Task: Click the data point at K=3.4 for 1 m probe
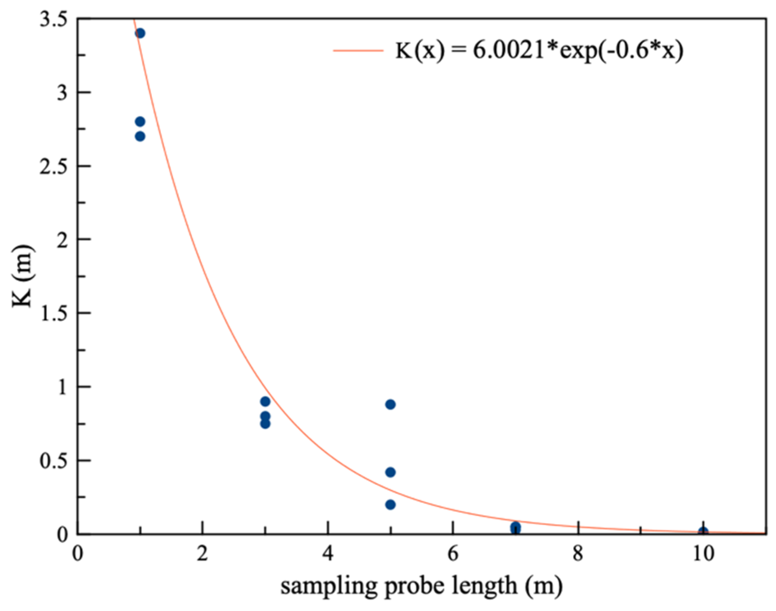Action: [x=140, y=33]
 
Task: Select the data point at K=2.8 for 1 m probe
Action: [x=140, y=122]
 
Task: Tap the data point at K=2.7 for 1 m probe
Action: [x=140, y=136]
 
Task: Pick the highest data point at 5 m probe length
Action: [x=390, y=404]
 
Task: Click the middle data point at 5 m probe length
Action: [x=390, y=472]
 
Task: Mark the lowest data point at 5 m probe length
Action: [x=390, y=504]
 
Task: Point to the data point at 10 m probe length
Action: [x=703, y=532]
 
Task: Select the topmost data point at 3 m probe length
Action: [x=265, y=401]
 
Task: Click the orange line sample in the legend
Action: [x=358, y=51]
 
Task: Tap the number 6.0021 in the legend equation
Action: [x=508, y=51]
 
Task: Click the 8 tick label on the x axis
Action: [x=578, y=554]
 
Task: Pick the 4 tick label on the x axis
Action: [x=327, y=554]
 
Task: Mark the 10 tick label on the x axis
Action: [x=703, y=554]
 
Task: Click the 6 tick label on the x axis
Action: [x=452, y=554]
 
